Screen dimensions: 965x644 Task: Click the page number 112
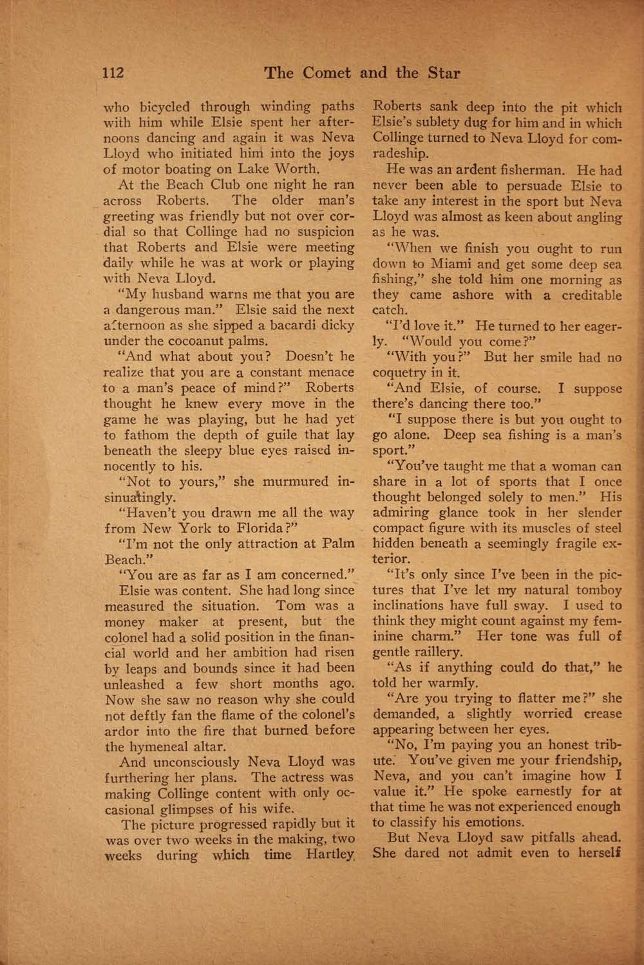113,73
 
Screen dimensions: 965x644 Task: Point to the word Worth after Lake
297,170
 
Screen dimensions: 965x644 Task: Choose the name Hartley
330,855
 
